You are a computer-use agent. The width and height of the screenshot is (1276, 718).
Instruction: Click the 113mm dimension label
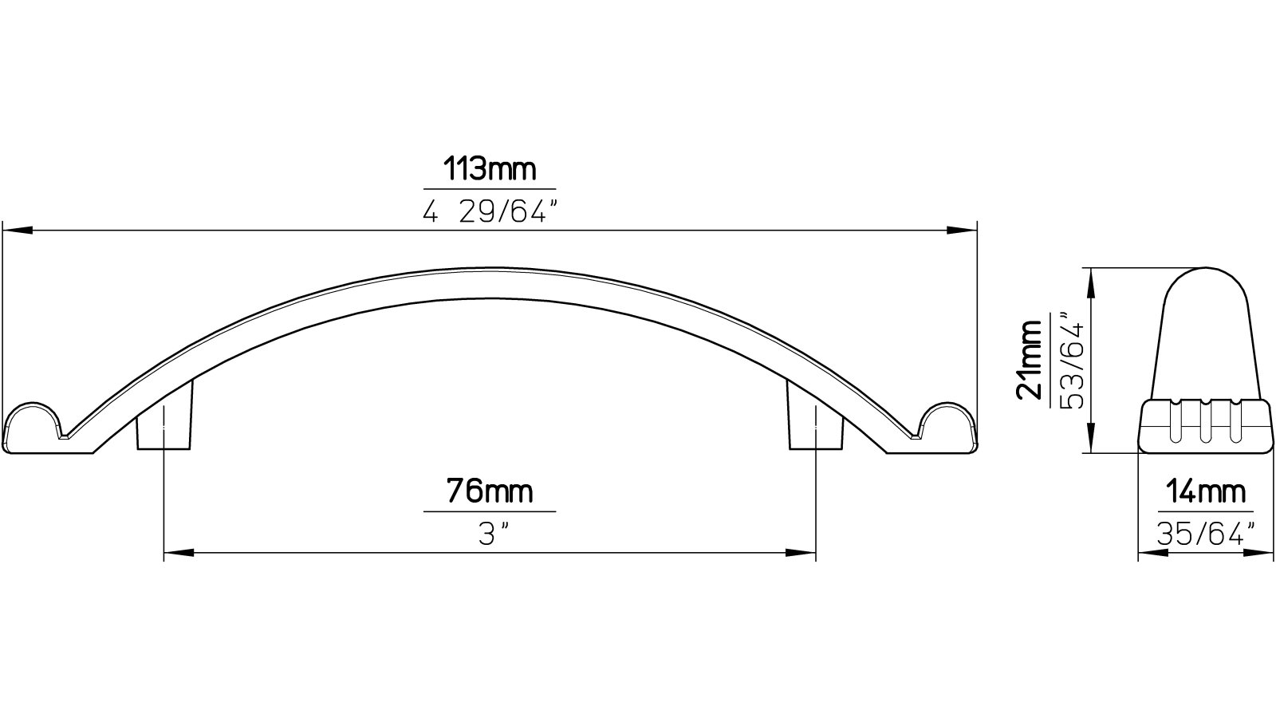(x=489, y=170)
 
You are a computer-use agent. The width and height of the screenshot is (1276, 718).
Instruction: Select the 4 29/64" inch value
(x=489, y=213)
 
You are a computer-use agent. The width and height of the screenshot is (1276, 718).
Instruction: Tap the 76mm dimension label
(x=489, y=491)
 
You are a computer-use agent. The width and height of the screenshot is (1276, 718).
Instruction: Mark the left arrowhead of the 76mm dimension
(x=177, y=552)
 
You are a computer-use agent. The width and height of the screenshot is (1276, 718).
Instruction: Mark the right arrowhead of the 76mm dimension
(x=801, y=552)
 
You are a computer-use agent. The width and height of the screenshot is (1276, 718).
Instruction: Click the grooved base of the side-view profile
(x=1204, y=426)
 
